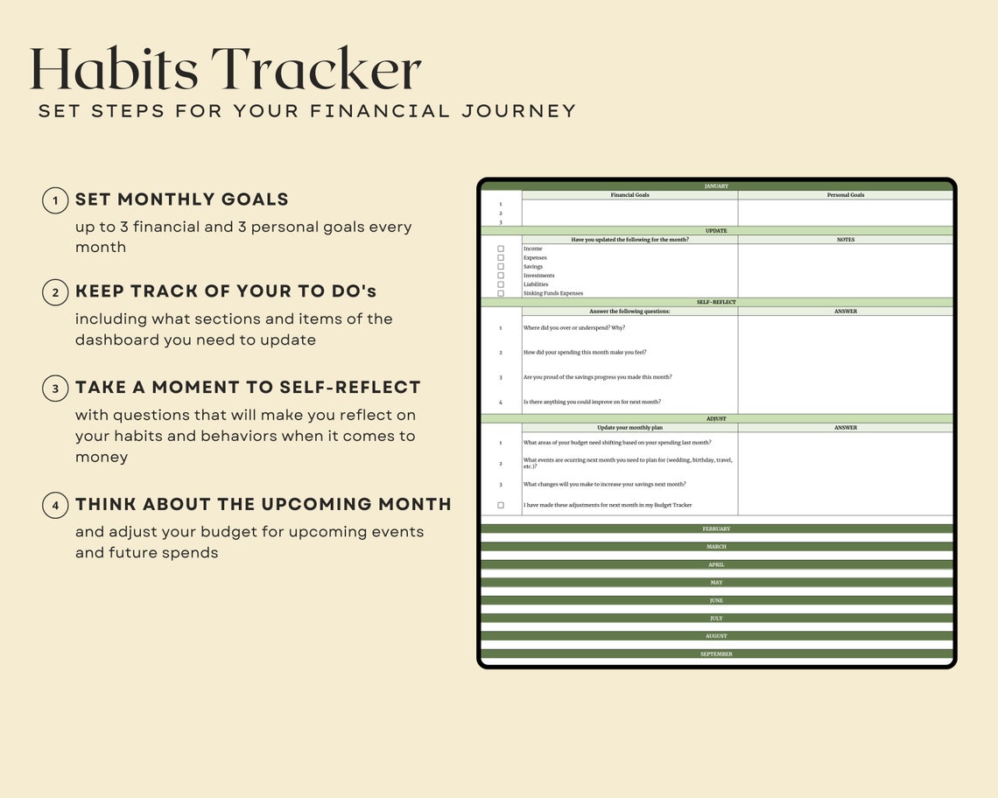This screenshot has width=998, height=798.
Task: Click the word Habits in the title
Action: click(114, 70)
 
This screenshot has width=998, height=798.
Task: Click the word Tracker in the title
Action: click(317, 70)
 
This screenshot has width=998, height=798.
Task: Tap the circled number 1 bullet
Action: click(55, 200)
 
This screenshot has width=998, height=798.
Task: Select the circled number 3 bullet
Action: click(55, 388)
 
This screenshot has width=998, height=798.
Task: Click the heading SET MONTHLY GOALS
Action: click(182, 199)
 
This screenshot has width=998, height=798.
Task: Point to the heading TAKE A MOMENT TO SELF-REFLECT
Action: click(249, 388)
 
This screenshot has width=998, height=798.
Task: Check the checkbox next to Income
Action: click(501, 249)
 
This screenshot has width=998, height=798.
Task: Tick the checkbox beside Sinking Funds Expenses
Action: click(501, 293)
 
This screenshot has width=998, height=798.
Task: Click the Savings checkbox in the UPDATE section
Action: click(501, 267)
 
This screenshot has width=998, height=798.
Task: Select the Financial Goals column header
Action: click(629, 195)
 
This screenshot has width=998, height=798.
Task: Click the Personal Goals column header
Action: click(845, 195)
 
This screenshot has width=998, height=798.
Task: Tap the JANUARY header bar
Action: click(716, 186)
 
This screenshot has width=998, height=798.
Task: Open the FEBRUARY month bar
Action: click(716, 529)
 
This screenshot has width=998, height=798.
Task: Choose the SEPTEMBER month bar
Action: click(716, 654)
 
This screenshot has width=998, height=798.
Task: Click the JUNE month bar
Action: click(716, 601)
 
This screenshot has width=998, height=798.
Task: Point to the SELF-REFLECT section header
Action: click(716, 302)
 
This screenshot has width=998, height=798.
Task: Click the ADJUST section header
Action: click(716, 419)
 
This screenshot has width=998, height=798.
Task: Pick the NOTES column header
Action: click(845, 240)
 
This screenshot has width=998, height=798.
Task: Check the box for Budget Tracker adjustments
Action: click(501, 506)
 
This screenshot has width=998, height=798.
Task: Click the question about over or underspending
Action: click(574, 328)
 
